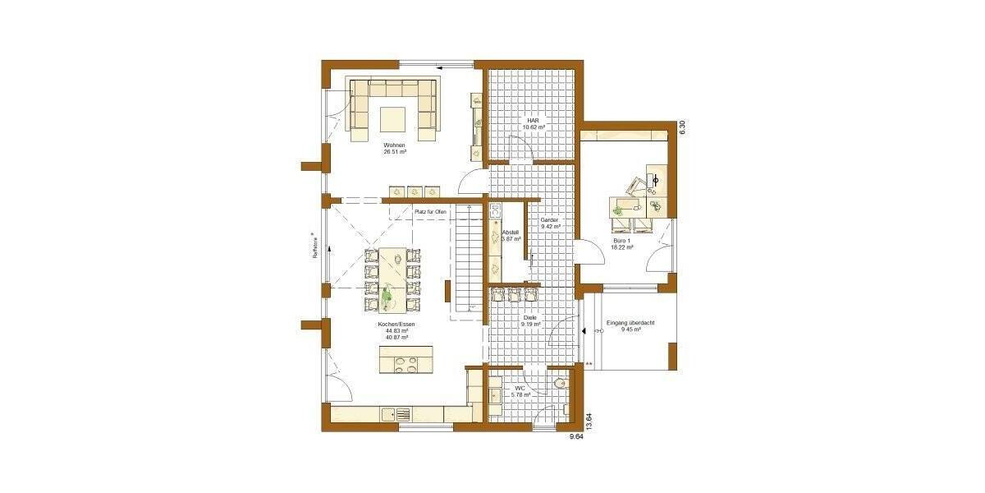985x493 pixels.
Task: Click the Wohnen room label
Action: (x=395, y=145)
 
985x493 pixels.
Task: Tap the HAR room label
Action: (x=533, y=120)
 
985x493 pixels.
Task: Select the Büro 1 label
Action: (x=622, y=240)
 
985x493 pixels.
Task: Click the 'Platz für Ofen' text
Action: (x=432, y=213)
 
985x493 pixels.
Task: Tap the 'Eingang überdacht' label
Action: (x=630, y=323)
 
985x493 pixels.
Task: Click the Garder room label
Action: (x=549, y=221)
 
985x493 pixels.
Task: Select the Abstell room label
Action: (x=511, y=233)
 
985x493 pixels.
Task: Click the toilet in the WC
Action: (x=560, y=384)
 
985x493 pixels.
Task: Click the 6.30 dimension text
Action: (x=680, y=127)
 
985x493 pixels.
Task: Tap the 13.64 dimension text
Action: (x=589, y=422)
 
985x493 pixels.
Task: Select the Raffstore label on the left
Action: (x=314, y=246)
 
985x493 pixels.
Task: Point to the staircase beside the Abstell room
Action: (x=466, y=263)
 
